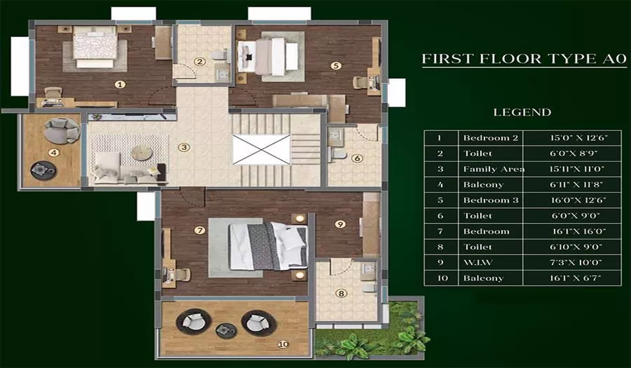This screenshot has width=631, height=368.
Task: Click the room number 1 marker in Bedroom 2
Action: coord(120,84)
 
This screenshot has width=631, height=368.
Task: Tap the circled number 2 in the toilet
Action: coord(199,62)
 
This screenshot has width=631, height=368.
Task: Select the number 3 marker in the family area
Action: coord(184,147)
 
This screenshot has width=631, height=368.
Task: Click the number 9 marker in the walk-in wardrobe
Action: coord(340,224)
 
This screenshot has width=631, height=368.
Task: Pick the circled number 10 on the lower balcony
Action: coord(283,344)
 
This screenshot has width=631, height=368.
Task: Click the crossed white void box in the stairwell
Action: coord(261,149)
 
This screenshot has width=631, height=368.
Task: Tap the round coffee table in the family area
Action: coord(141,152)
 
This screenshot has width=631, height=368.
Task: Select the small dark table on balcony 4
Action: coord(40,169)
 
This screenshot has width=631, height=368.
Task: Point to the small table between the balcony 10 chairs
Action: coord(226,331)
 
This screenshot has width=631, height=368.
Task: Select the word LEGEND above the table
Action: coord(522,112)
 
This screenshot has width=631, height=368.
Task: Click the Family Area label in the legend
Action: coord(493,169)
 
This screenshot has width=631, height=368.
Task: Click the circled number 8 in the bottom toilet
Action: coord(341,293)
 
